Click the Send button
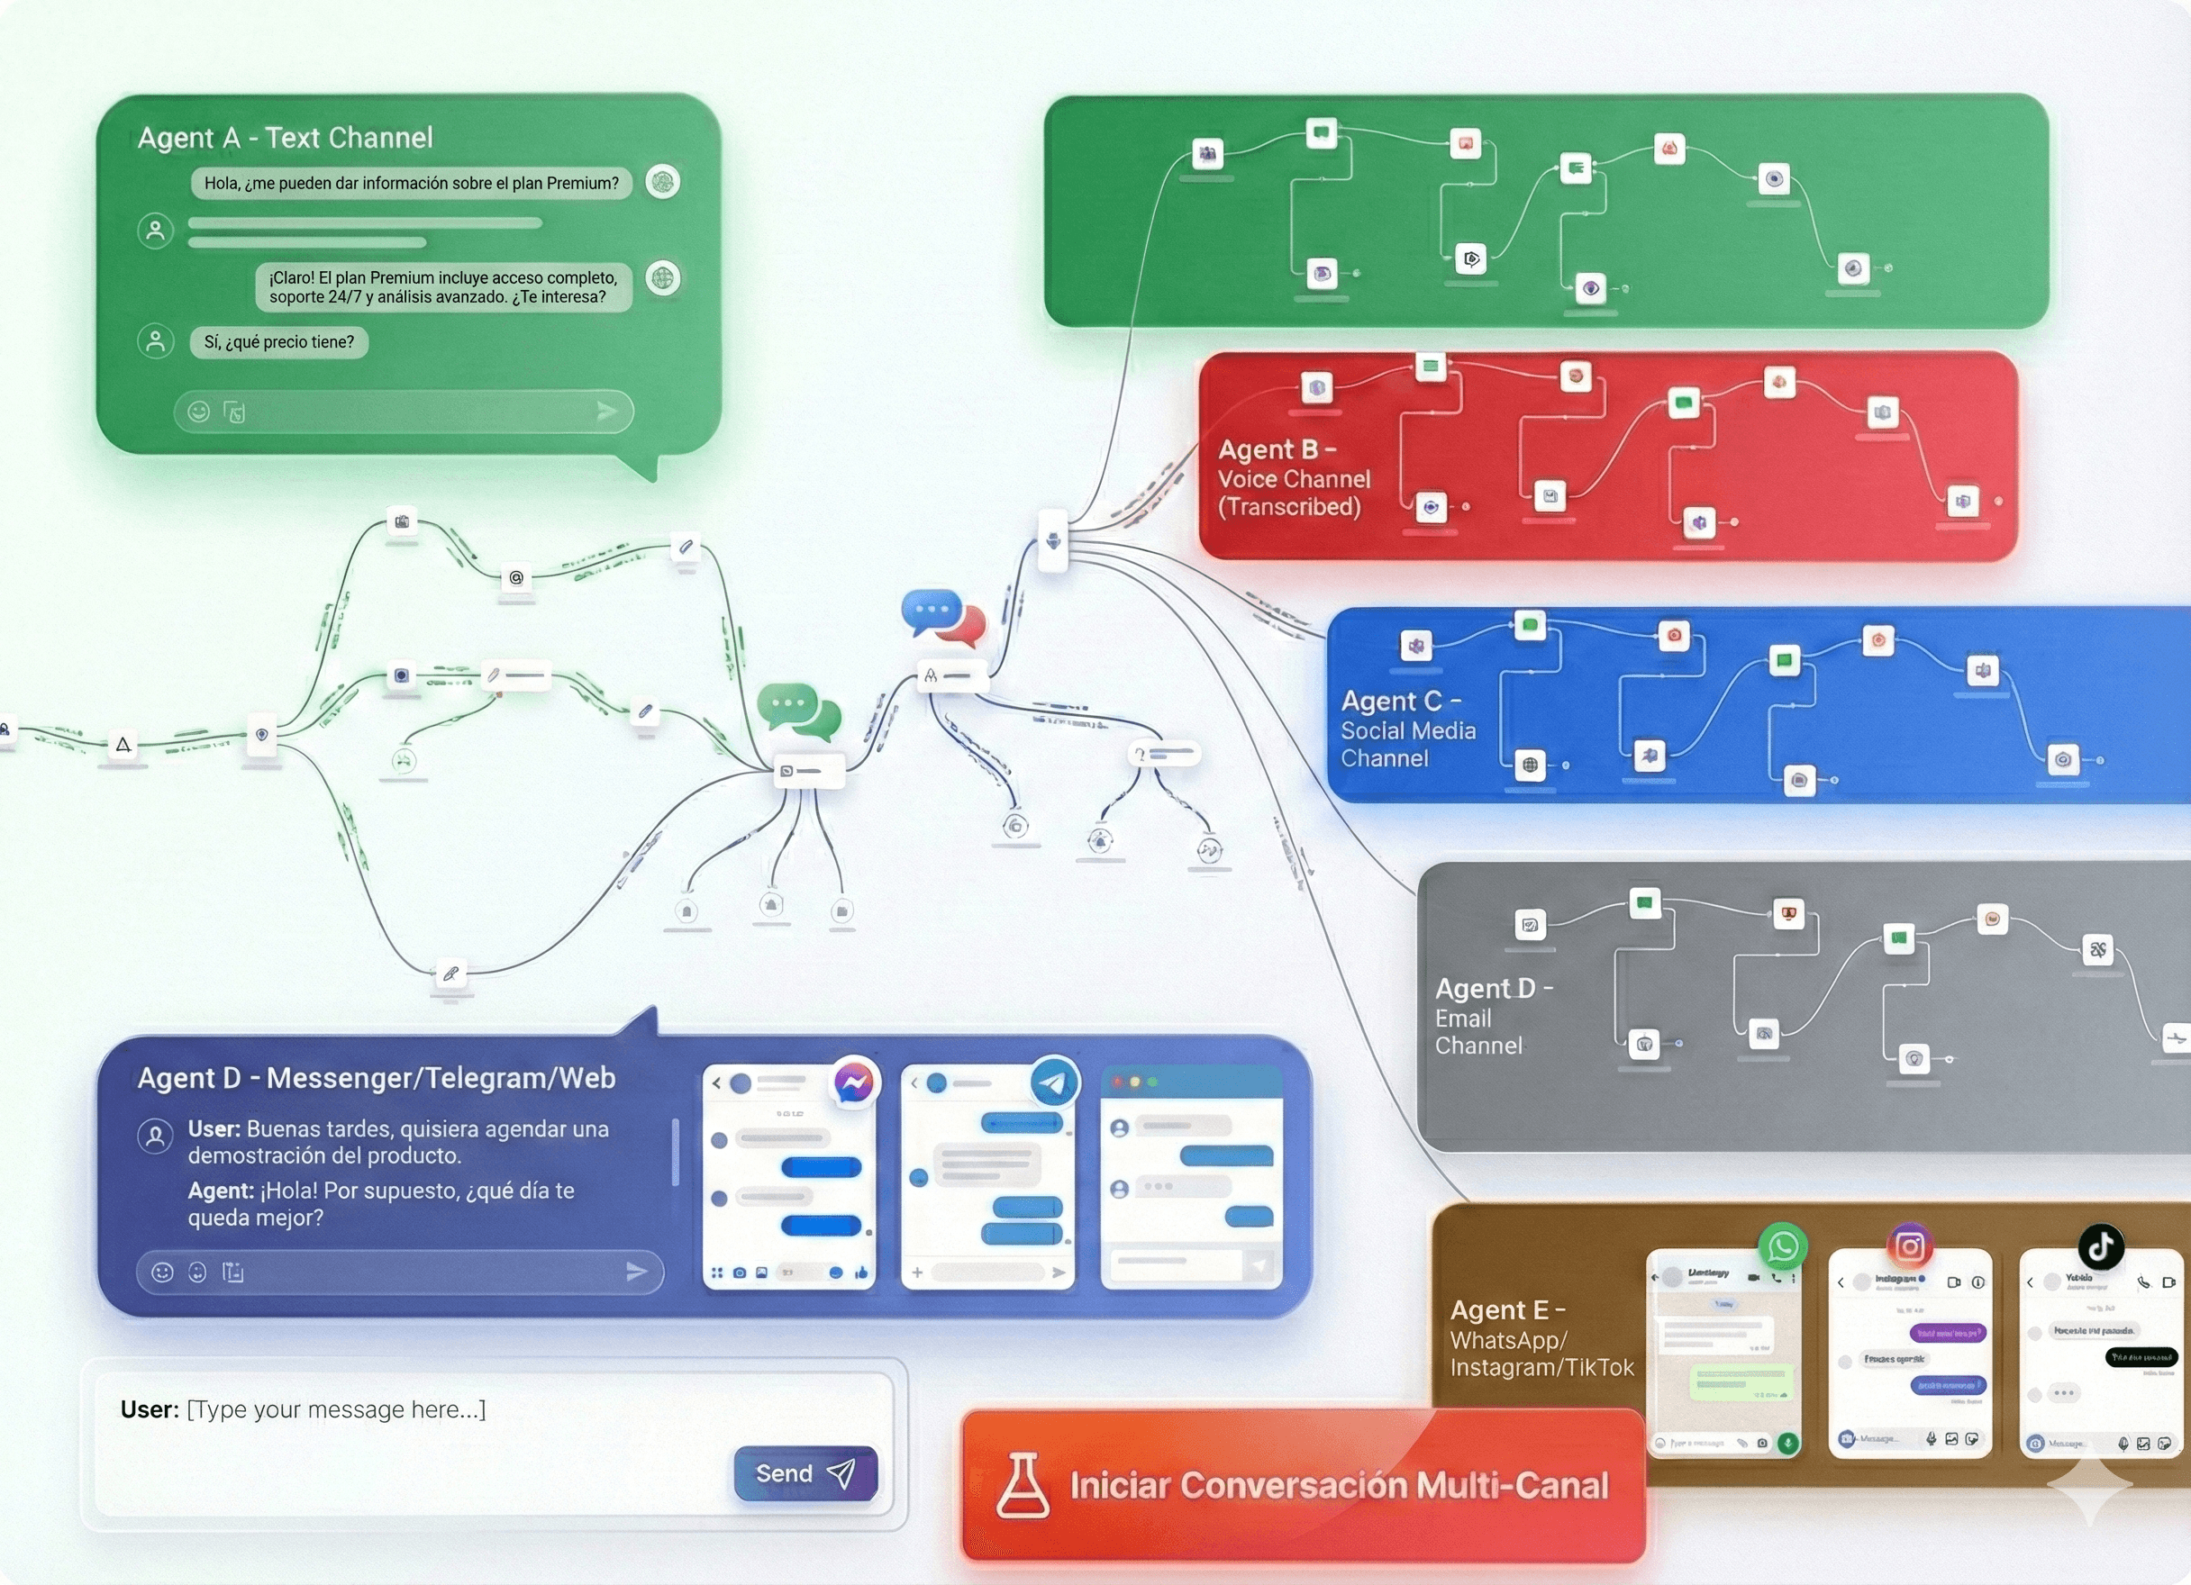point(805,1473)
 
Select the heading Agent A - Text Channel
point(285,138)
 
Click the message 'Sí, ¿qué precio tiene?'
point(279,342)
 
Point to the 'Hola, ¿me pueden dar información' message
point(412,184)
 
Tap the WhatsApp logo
point(1782,1247)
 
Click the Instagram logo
point(1910,1247)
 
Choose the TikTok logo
point(2101,1247)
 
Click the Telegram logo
point(1054,1082)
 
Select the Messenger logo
point(855,1082)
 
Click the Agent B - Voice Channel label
point(1293,478)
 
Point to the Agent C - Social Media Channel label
point(1407,729)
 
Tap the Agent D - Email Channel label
point(1493,1017)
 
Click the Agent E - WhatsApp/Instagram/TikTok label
point(1541,1339)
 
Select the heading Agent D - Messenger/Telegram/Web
point(376,1078)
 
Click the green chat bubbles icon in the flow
point(799,711)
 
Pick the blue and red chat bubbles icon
point(944,617)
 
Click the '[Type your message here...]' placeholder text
point(336,1409)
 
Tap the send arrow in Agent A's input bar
point(606,412)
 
